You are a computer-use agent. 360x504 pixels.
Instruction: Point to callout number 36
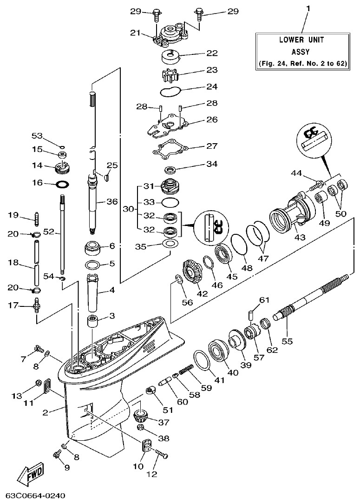tap(112, 201)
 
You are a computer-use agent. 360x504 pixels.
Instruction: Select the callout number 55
tap(287, 341)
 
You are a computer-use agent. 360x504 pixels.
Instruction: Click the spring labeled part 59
tap(185, 370)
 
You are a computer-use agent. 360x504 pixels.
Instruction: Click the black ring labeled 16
tap(63, 184)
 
